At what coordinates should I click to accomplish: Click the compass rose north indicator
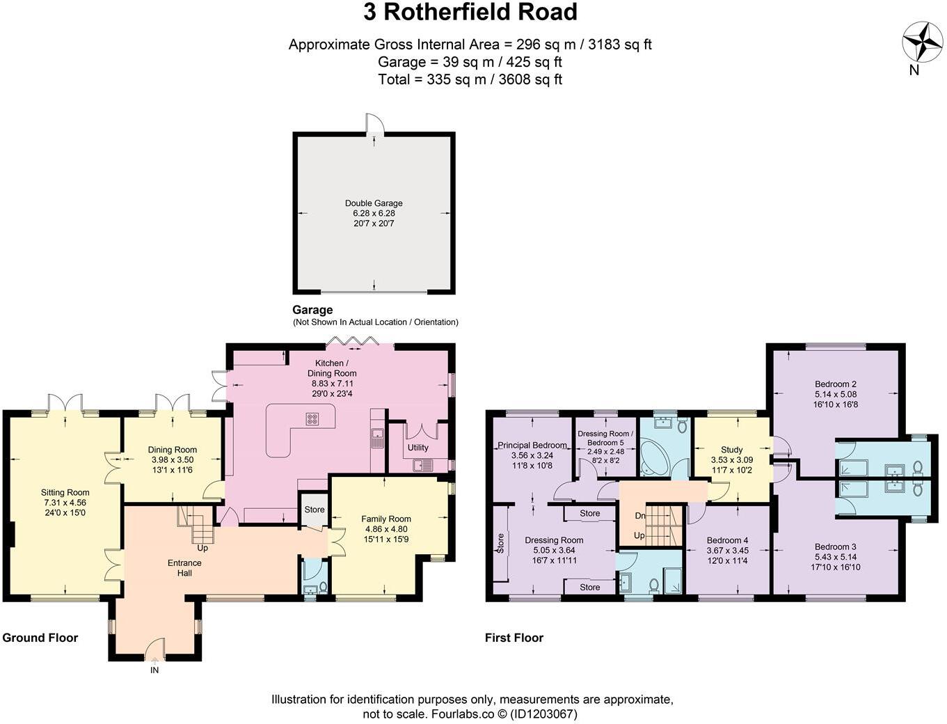922,42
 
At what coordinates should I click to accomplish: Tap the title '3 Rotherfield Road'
470,13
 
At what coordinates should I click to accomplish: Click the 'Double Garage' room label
374,203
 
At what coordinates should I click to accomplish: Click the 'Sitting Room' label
65,492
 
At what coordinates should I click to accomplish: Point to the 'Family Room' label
386,519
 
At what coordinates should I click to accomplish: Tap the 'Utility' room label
418,448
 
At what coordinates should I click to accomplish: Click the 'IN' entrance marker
154,670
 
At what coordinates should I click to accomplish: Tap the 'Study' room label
731,450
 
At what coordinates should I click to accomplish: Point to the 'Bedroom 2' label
835,384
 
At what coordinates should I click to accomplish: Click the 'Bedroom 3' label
835,546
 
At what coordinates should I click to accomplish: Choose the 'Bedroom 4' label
727,540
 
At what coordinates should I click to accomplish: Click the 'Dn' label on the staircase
639,516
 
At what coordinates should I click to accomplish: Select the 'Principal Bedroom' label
532,446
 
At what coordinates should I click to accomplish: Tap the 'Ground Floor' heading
40,638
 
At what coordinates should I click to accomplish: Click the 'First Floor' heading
514,638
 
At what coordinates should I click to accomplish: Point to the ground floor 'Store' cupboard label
315,510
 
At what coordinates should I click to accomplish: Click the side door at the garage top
376,124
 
